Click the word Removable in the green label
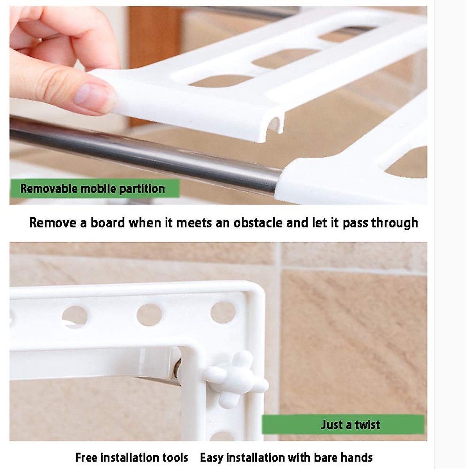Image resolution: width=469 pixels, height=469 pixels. (x=49, y=189)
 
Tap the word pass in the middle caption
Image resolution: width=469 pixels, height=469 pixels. (x=355, y=223)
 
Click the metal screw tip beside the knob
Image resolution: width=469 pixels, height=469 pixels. (x=178, y=368)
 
